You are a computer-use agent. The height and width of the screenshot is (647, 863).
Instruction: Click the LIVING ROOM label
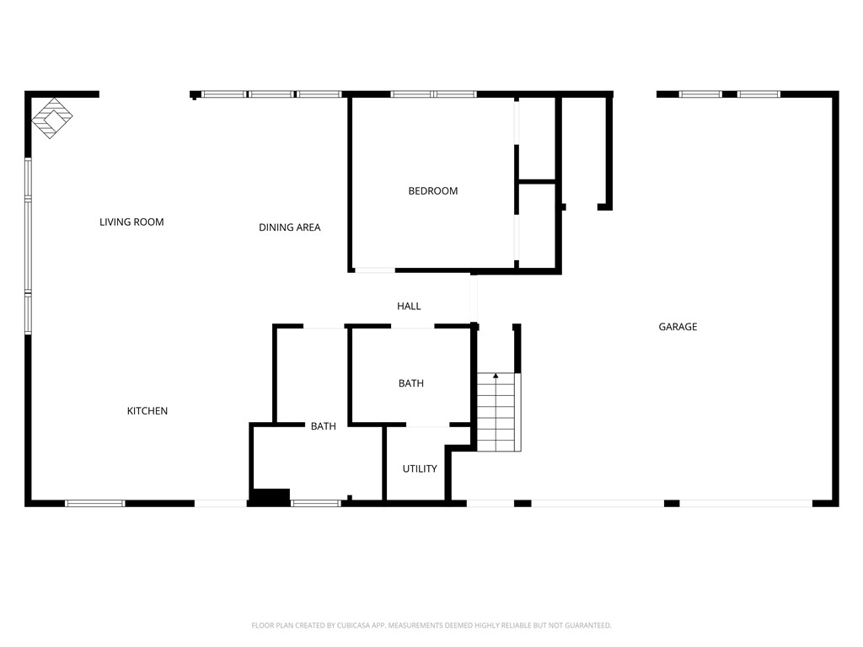[131, 222]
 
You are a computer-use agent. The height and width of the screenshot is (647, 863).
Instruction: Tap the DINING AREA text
[289, 227]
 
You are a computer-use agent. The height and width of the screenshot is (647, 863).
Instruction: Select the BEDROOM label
[432, 191]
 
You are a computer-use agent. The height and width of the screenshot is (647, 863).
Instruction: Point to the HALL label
[409, 307]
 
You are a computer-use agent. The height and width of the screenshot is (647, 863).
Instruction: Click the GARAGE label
[678, 327]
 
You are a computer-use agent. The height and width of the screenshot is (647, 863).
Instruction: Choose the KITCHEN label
[147, 411]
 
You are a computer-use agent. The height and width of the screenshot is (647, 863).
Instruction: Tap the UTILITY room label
[419, 468]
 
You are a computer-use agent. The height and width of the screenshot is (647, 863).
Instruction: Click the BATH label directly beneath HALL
[411, 383]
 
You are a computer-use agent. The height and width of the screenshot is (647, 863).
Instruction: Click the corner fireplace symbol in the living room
[52, 118]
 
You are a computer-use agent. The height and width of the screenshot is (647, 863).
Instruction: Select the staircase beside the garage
[497, 413]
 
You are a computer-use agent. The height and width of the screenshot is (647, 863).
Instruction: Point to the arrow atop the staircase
[496, 376]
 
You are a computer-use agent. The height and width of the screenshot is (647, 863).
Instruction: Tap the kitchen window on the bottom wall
[95, 504]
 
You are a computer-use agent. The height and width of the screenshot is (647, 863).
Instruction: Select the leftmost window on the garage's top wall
[700, 94]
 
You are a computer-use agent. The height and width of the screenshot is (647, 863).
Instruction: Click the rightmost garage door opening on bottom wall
[746, 504]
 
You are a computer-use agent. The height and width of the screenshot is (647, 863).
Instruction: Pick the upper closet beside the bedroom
[537, 139]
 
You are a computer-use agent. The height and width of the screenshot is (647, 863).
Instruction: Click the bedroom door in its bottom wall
[374, 270]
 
